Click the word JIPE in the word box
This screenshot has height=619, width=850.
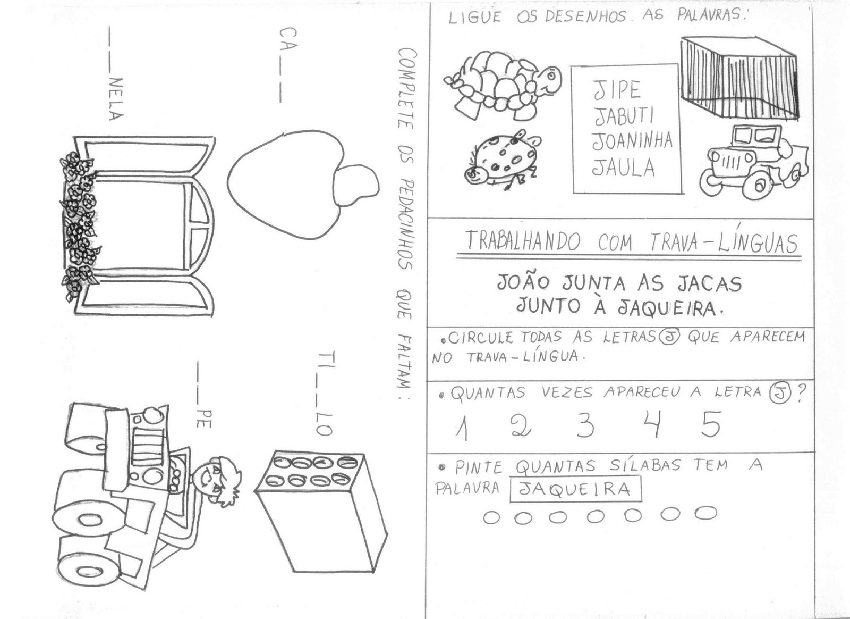[x=617, y=90]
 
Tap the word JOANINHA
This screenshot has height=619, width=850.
[x=632, y=141]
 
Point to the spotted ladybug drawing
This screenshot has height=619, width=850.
[x=501, y=160]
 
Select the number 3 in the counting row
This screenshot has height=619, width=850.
[x=584, y=425]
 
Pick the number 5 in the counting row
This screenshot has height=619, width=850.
[x=710, y=424]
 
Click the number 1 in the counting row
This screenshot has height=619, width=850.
[x=462, y=428]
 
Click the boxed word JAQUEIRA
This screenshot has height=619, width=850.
[x=575, y=489]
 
